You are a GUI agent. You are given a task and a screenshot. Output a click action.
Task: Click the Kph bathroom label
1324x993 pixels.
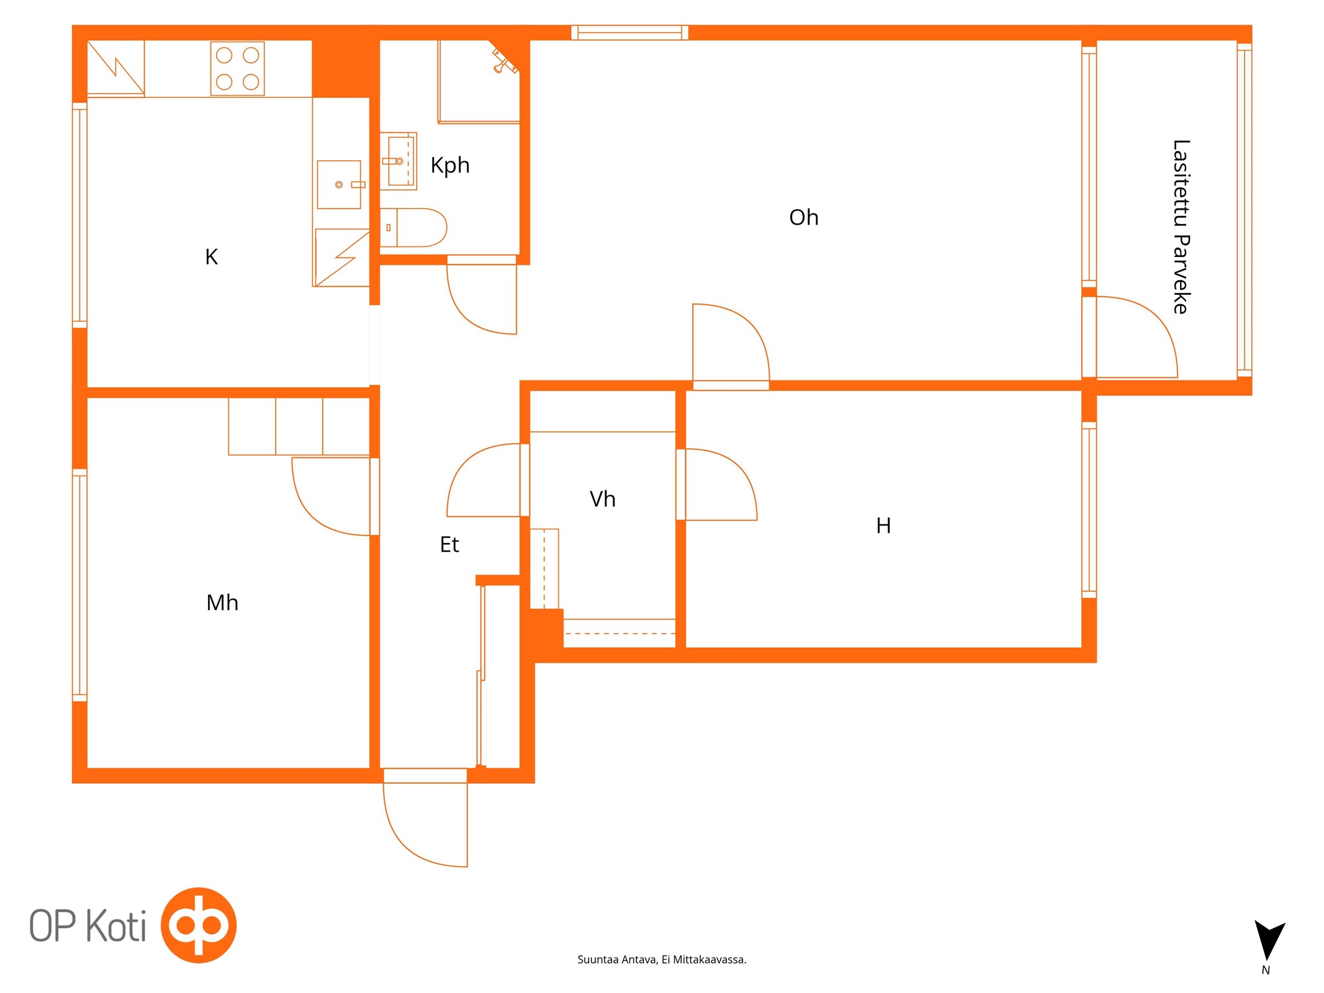pyautogui.click(x=449, y=166)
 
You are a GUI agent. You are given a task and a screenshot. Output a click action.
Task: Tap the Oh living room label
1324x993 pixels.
pyautogui.click(x=803, y=217)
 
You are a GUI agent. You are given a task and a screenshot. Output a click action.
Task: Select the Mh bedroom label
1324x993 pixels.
pyautogui.click(x=222, y=602)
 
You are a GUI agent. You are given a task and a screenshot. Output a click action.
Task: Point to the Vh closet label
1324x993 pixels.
pyautogui.click(x=602, y=499)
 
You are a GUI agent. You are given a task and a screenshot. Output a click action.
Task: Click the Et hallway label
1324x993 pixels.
pyautogui.click(x=449, y=544)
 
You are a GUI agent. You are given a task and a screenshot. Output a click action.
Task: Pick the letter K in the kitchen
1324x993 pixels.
pyautogui.click(x=211, y=256)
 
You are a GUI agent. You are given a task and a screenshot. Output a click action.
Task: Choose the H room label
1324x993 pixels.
pyautogui.click(x=883, y=526)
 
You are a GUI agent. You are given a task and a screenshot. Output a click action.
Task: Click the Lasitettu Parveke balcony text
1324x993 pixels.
pyautogui.click(x=1181, y=227)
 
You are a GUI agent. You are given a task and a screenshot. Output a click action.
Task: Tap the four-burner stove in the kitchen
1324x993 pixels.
pyautogui.click(x=237, y=68)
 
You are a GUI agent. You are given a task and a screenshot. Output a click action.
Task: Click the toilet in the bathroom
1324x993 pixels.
pyautogui.click(x=413, y=228)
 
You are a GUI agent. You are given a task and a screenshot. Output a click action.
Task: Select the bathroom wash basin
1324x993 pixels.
pyautogui.click(x=398, y=161)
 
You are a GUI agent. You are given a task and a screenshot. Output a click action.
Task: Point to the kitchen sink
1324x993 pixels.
pyautogui.click(x=339, y=184)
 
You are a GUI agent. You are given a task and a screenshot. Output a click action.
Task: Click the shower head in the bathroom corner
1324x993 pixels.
pyautogui.click(x=504, y=60)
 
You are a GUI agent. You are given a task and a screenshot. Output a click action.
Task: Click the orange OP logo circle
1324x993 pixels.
pyautogui.click(x=199, y=925)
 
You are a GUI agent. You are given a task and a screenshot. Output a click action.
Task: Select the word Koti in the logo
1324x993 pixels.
pyautogui.click(x=115, y=926)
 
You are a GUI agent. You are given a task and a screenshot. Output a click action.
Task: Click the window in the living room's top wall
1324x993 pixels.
pyautogui.click(x=629, y=32)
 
